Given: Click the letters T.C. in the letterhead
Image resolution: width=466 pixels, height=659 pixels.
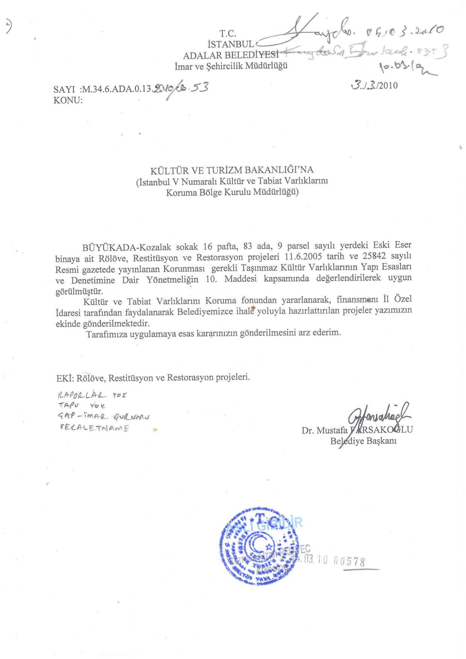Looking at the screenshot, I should pos(228,34).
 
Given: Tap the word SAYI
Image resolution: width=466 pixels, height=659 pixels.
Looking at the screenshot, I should pos(64,90).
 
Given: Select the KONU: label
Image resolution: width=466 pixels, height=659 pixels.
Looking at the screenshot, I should pos(68,100).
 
